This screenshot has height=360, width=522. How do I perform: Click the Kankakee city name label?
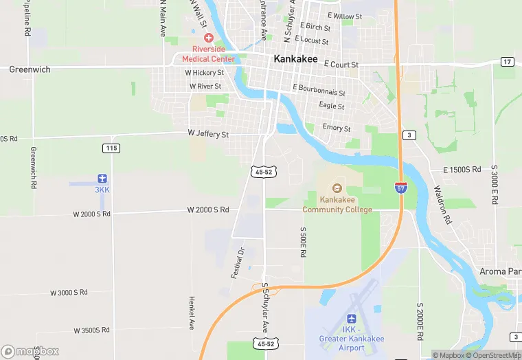click(296, 59)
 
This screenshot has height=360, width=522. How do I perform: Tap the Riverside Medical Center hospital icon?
click(207, 38)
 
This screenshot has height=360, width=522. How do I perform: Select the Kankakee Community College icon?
click(337, 188)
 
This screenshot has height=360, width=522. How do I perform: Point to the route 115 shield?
click(111, 148)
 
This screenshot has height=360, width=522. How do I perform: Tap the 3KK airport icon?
click(102, 178)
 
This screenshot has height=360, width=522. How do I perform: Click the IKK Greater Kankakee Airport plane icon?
click(352, 319)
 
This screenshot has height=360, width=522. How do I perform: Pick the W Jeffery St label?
click(208, 135)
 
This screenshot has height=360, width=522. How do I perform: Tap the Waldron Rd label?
click(442, 205)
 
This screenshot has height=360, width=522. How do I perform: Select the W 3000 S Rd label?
click(69, 293)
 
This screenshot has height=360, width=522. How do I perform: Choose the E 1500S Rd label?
click(464, 169)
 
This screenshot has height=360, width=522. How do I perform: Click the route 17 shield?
click(507, 62)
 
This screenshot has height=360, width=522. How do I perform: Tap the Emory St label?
click(337, 128)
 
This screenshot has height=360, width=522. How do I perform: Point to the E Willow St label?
click(345, 16)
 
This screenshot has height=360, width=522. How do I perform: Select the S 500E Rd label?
click(302, 243)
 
